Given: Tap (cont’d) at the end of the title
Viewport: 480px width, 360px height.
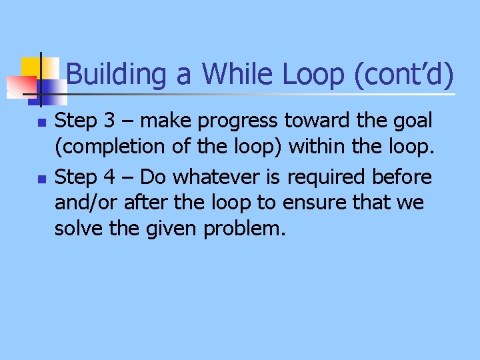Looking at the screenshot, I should click(402, 74).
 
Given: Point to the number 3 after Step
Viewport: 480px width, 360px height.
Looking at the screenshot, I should click(111, 121).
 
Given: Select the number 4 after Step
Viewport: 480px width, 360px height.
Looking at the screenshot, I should click(111, 177).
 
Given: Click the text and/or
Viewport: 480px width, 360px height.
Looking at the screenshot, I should click(83, 203).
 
